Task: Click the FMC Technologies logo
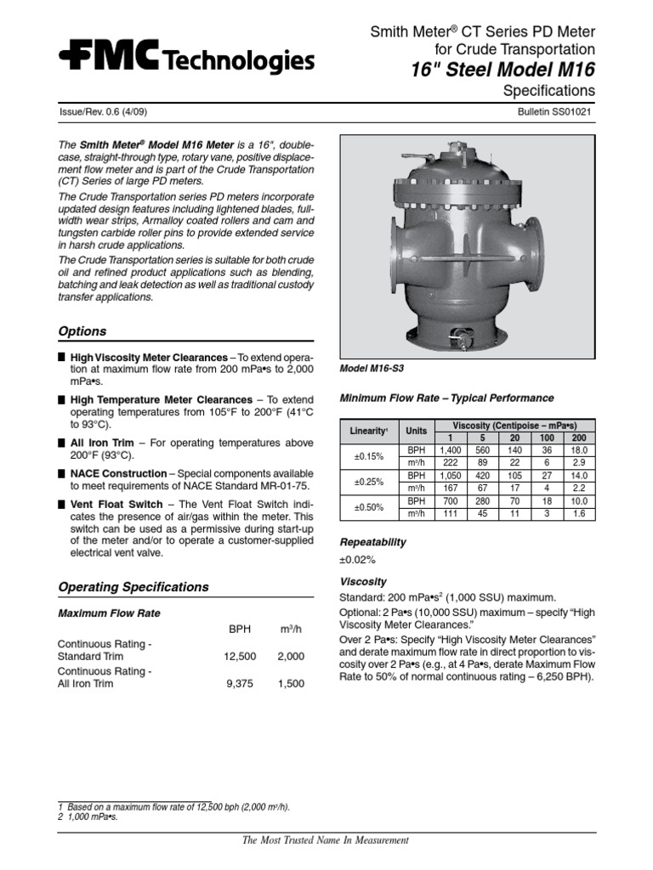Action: point(186,59)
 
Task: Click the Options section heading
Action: point(82,331)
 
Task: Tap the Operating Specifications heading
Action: point(133,587)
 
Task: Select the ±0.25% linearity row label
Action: point(368,482)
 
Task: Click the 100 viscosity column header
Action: point(547,437)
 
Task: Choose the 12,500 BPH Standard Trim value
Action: point(234,657)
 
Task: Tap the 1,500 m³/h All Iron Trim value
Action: point(290,683)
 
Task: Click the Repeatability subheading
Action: point(372,542)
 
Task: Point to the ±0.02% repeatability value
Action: point(358,560)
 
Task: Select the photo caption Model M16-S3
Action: point(372,370)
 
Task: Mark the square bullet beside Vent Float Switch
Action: point(62,505)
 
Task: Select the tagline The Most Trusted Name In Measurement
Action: point(326,840)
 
